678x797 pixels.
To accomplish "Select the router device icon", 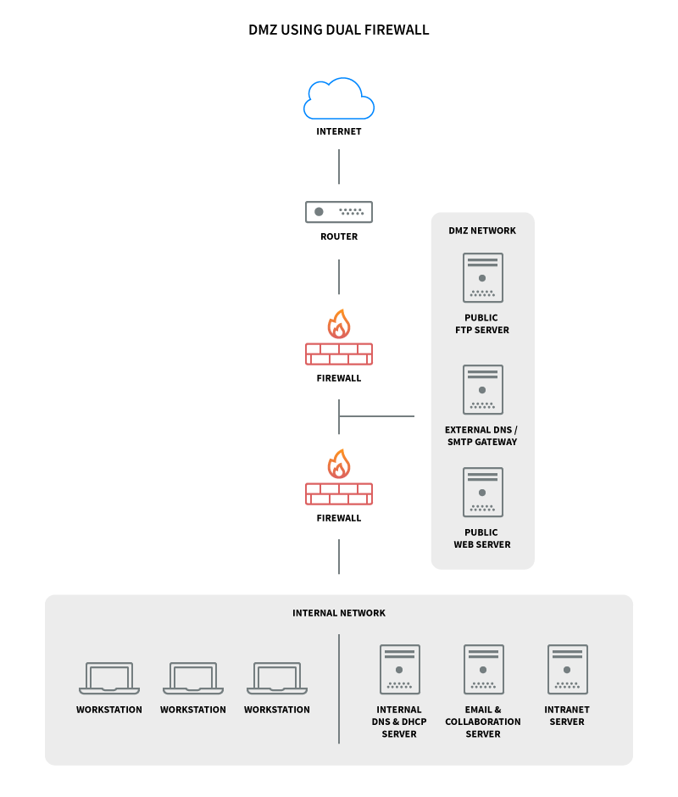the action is tap(339, 212).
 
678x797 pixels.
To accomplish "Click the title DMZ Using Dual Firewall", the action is tap(339, 30).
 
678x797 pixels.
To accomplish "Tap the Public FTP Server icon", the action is tap(483, 277).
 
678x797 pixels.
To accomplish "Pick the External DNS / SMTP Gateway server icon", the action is tap(483, 389).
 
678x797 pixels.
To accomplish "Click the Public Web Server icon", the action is tap(483, 492).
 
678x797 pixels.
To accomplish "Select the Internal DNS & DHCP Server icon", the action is tap(400, 670).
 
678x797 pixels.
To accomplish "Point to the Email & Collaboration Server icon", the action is tap(484, 670).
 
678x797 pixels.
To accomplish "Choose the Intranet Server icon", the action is tap(568, 670).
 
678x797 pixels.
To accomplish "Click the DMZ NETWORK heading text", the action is tap(482, 231).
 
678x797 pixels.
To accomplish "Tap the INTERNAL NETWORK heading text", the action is tap(339, 613).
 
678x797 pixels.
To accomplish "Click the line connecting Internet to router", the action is tap(339, 167).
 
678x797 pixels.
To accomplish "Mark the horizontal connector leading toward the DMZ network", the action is tap(376, 416).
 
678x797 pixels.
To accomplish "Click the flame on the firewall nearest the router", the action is tap(339, 324).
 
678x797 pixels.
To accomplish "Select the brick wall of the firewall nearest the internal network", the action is tap(339, 494).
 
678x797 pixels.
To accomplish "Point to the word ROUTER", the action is tap(339, 237).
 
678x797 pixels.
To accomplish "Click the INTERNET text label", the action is tap(339, 131).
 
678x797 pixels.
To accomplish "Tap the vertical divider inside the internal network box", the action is tap(339, 688).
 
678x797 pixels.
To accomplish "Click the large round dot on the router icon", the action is tap(319, 212).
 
